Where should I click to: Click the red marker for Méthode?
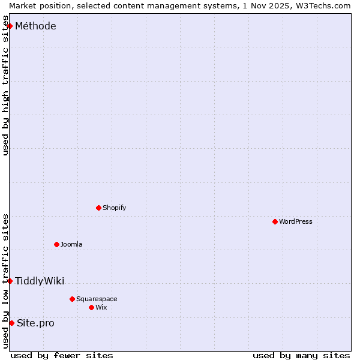coord(10,26)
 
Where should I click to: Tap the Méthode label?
coord(35,26)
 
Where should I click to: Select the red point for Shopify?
coord(98,208)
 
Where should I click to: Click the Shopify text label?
coord(114,208)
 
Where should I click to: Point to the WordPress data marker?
coord(275,221)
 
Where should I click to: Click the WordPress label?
coord(295,222)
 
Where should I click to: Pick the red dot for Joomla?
coord(56,244)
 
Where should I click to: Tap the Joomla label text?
coord(71,245)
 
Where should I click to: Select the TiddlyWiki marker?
coord(10,281)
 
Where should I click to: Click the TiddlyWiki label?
coord(40,281)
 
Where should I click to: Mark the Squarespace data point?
coord(72,299)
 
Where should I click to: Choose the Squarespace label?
coord(97,299)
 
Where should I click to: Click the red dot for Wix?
coord(91,307)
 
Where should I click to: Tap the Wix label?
coord(101,308)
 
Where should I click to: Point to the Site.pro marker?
coord(11,323)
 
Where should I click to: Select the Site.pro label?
coord(35,323)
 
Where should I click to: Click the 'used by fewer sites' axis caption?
coord(62,355)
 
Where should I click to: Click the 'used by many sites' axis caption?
coord(301,355)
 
